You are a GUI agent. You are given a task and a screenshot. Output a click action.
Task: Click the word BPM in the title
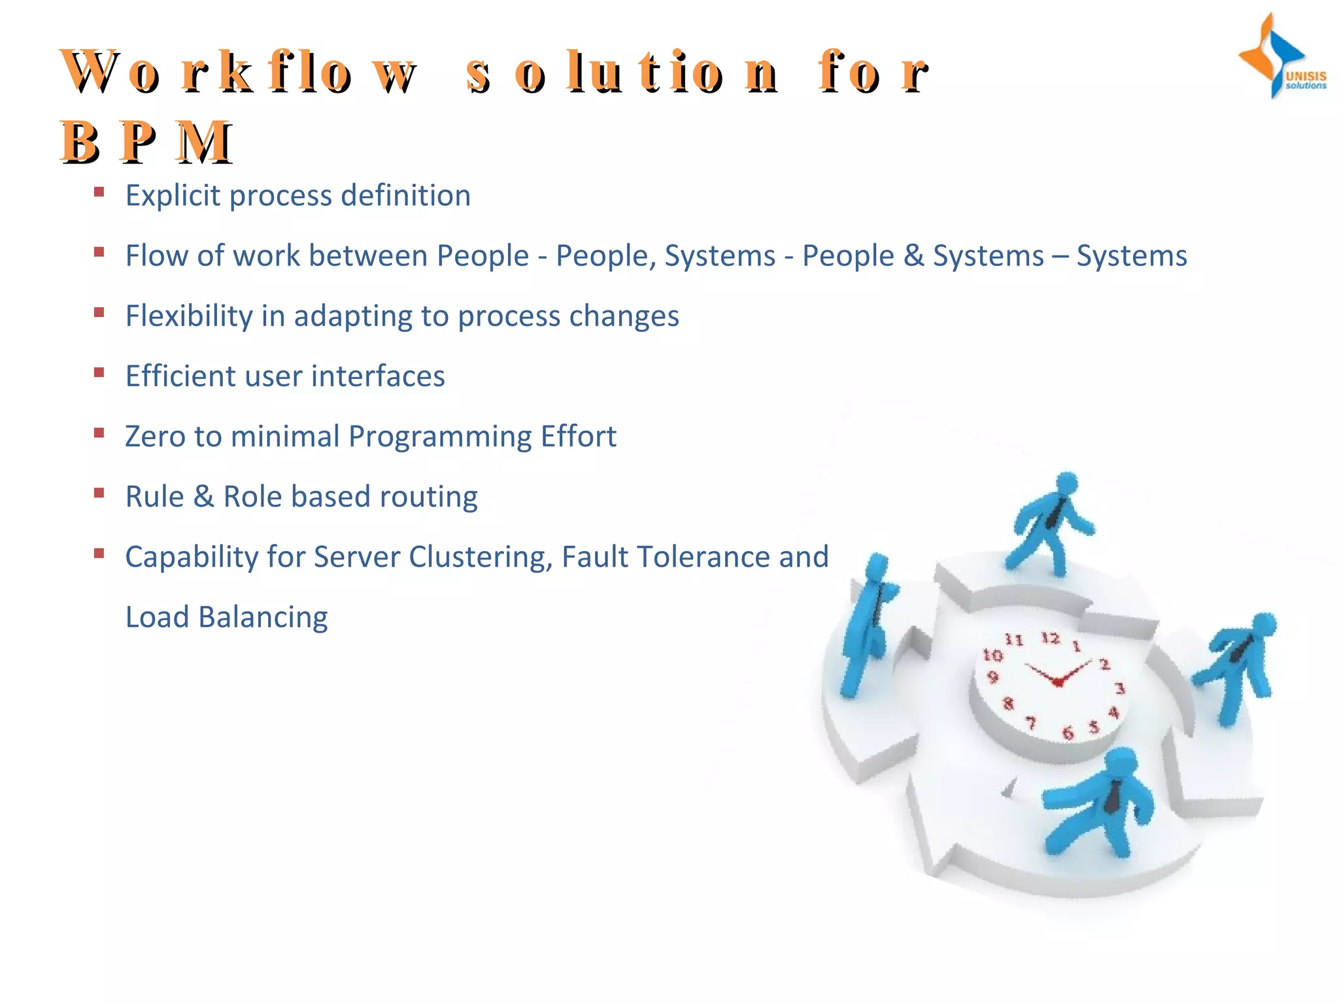click(x=146, y=142)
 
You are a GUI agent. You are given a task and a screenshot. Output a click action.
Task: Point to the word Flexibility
click(x=189, y=316)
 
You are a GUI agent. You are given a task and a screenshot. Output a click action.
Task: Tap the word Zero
click(x=155, y=437)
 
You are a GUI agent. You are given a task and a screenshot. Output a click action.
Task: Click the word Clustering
click(x=481, y=558)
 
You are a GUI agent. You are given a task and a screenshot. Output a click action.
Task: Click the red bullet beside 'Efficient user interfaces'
click(x=99, y=373)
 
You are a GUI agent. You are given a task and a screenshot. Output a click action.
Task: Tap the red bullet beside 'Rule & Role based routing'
click(x=99, y=494)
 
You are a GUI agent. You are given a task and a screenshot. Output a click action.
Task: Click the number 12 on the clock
click(x=1050, y=637)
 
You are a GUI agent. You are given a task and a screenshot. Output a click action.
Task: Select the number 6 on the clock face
click(x=1067, y=733)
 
